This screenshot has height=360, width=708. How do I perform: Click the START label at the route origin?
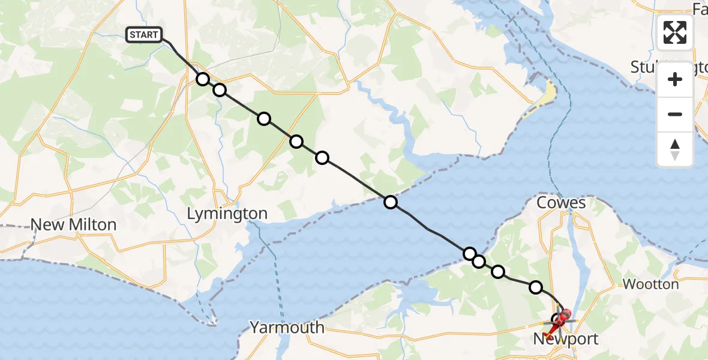click(144, 35)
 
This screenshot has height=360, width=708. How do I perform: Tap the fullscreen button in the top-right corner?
click(675, 32)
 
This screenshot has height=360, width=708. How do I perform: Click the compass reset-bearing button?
click(675, 149)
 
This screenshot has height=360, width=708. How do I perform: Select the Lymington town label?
click(227, 214)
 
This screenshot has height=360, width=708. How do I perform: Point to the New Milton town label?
click(73, 225)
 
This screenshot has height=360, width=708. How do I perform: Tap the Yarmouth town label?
click(287, 328)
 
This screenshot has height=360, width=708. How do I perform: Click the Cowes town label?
click(562, 203)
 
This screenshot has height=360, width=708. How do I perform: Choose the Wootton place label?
click(651, 284)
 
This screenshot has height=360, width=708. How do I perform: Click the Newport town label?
click(566, 340)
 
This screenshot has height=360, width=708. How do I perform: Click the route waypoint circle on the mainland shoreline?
click(391, 202)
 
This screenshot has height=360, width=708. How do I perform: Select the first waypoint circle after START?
click(203, 79)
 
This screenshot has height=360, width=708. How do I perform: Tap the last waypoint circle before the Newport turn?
click(535, 287)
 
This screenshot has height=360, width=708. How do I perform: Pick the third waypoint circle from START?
click(264, 119)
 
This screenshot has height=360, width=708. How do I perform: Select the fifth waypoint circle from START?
click(322, 158)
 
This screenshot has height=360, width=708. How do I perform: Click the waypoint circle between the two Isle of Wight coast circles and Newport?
click(498, 272)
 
